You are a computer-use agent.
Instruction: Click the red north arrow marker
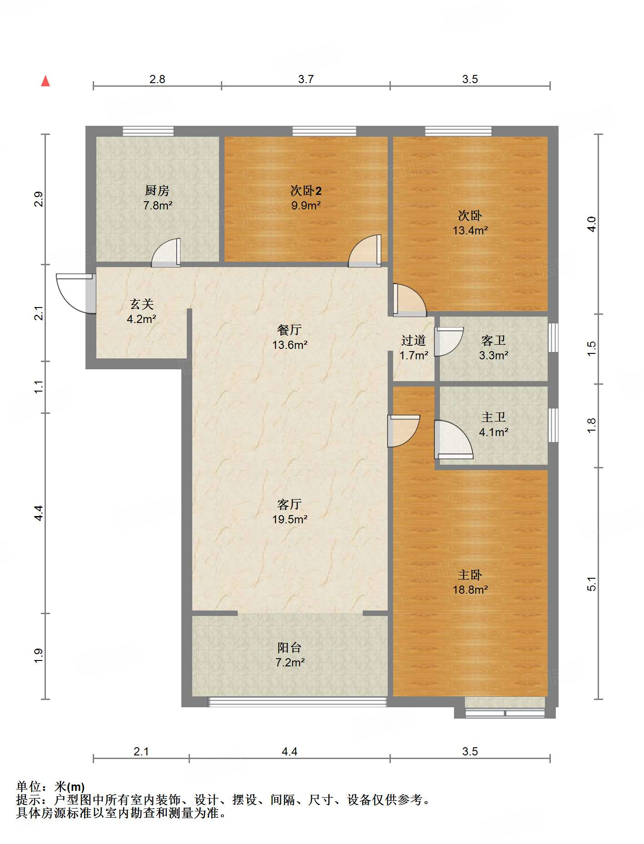(45, 81)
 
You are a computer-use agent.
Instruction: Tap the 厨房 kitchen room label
(157, 190)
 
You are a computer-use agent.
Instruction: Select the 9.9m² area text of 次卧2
(306, 205)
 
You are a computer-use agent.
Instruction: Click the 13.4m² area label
(470, 230)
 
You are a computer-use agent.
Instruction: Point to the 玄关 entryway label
(142, 304)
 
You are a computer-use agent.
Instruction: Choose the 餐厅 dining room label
(290, 330)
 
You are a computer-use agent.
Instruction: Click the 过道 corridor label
(413, 340)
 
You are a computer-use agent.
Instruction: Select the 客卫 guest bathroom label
(493, 340)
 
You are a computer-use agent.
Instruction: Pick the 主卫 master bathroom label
(493, 417)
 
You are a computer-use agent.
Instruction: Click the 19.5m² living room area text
(290, 519)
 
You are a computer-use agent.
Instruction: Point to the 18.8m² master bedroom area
(470, 590)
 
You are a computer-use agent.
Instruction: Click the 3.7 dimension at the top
(306, 79)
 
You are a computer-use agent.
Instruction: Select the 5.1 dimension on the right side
(591, 584)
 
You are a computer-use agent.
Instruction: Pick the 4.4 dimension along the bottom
(290, 752)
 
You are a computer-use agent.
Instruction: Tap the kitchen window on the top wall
(148, 131)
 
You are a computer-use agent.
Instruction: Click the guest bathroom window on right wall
(553, 337)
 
